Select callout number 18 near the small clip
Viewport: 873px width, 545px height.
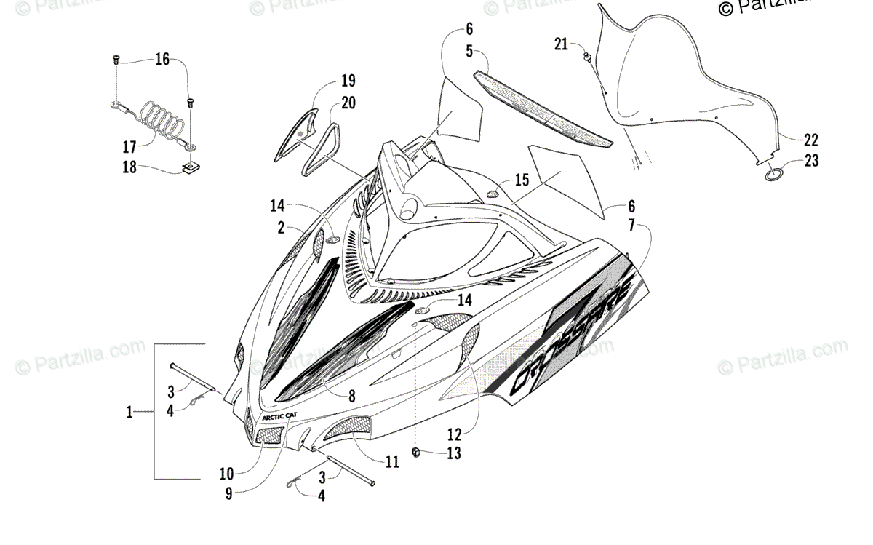click(x=129, y=168)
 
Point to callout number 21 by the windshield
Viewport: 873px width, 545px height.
click(x=560, y=44)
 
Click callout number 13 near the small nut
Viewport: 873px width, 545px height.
click(x=454, y=453)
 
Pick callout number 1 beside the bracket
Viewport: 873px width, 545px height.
click(x=129, y=413)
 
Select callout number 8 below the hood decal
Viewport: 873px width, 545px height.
click(x=351, y=397)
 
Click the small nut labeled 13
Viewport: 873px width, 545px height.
click(x=418, y=453)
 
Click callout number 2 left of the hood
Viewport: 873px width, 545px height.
click(x=280, y=228)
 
